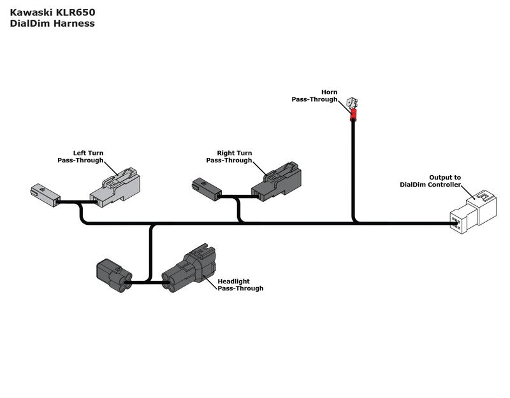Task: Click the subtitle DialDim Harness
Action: coord(52,24)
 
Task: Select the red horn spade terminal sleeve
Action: coord(353,115)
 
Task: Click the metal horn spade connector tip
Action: coord(351,103)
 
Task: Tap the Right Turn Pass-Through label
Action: coord(229,157)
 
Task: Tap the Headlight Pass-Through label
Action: coord(240,285)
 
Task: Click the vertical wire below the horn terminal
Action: coord(353,172)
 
